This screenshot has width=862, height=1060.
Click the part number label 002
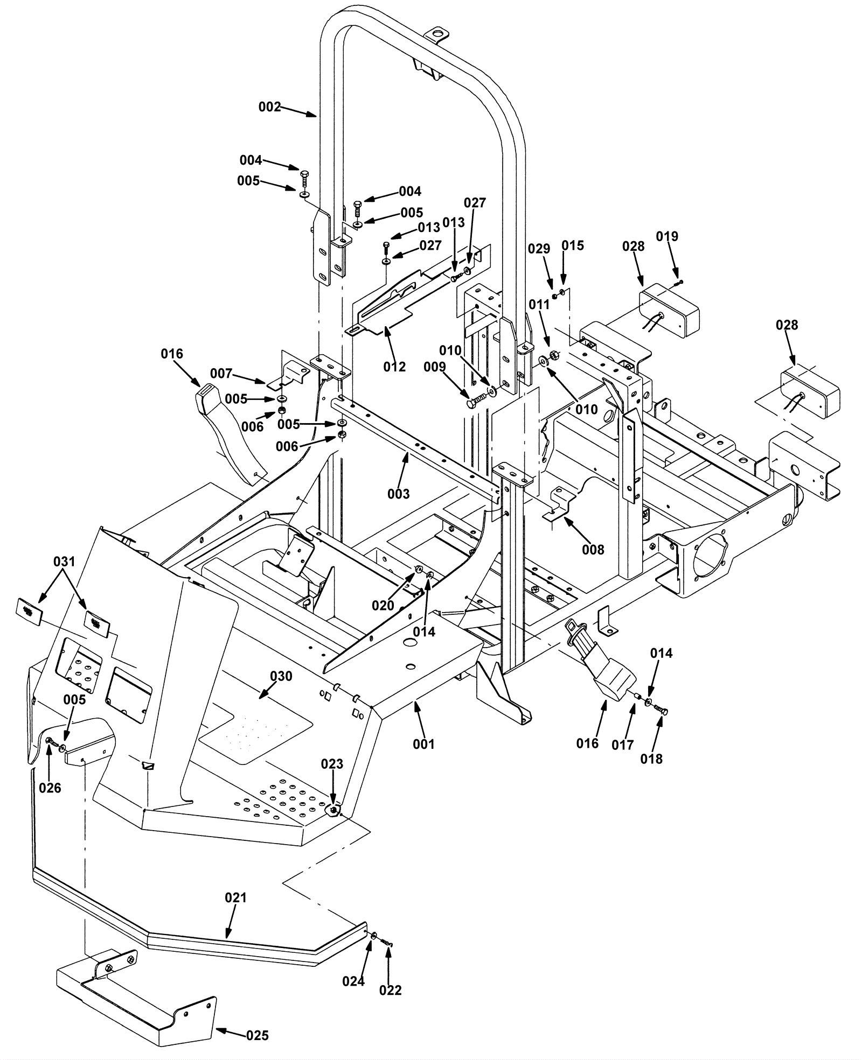point(270,107)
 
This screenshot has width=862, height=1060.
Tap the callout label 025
point(258,1036)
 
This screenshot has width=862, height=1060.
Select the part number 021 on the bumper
point(235,897)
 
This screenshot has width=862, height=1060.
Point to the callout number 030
point(281,676)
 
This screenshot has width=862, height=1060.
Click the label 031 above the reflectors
point(64,561)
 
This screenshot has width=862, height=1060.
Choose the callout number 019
point(667,236)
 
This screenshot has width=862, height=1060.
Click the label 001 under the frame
point(423,744)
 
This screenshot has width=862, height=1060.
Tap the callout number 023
point(332,764)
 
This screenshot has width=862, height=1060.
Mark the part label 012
point(394,367)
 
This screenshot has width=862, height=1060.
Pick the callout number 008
point(593,550)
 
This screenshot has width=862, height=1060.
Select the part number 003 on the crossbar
point(398,494)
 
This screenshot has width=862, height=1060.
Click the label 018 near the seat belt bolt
point(651,759)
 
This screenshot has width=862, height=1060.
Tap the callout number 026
point(50,788)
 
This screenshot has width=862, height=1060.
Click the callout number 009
point(435,367)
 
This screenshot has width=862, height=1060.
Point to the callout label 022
point(390,990)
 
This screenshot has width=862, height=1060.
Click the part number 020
point(383,606)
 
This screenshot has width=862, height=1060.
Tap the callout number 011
point(539,305)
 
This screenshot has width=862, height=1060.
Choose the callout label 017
point(623,745)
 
